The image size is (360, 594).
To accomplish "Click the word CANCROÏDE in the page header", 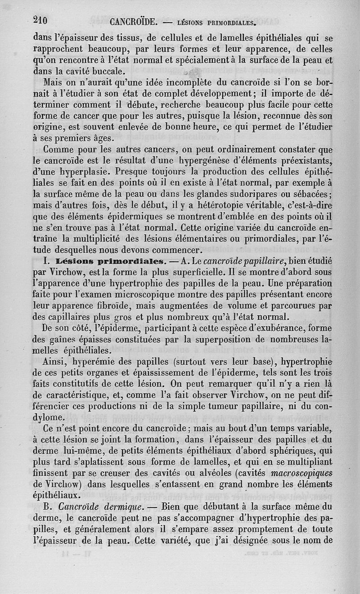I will (x=133, y=22).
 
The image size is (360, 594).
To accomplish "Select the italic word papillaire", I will (x=265, y=261).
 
